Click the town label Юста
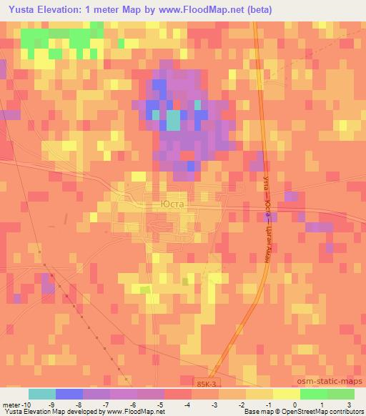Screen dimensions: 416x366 coord(169,204)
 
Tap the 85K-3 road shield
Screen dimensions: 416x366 coord(208,385)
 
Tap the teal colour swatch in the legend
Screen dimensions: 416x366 coord(42,394)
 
